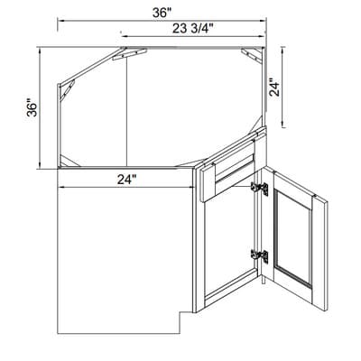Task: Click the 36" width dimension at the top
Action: tap(162, 13)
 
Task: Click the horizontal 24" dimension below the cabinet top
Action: tap(125, 179)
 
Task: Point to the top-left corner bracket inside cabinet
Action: tap(120, 56)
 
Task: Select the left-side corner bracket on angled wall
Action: tap(65, 90)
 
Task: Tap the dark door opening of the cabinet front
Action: tap(230, 248)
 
